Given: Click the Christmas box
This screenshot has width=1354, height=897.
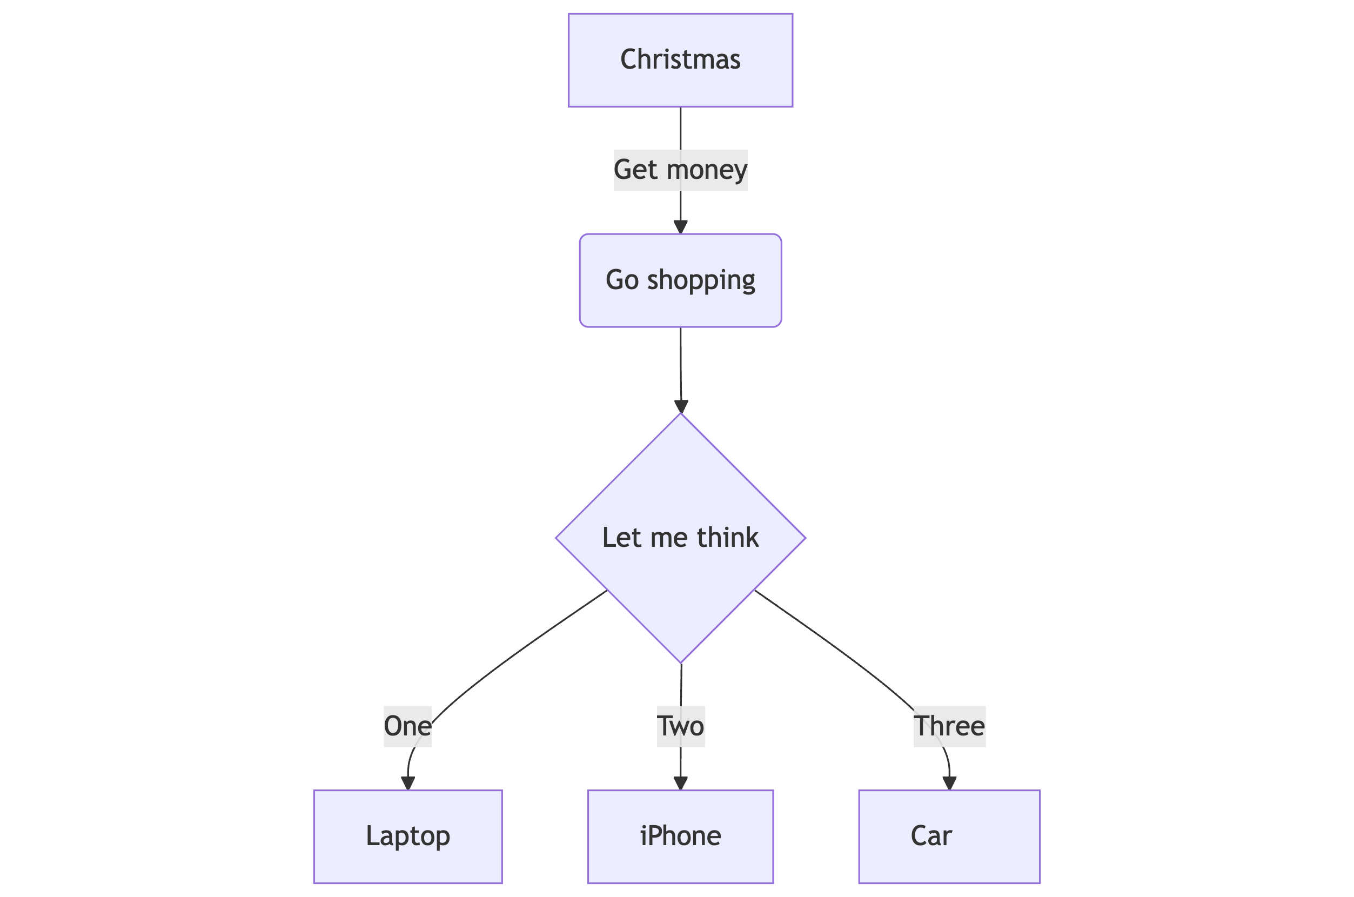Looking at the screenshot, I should pos(680,60).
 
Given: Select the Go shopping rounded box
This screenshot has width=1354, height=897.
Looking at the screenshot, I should pos(680,280).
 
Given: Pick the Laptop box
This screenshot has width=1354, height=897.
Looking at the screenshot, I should pos(408,836).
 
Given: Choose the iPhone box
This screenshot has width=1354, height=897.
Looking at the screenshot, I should pos(680,836).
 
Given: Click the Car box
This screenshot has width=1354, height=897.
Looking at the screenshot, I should pos(949,836).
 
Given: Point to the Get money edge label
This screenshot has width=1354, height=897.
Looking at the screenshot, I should pos(680,170).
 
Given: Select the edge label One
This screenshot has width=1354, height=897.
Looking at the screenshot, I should pos(407,726).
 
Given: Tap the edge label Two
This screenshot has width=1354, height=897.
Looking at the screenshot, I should pos(680,726).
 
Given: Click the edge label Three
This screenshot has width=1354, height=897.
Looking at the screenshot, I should pos(949,726).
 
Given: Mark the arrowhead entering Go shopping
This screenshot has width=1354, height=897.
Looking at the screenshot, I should pos(680,227).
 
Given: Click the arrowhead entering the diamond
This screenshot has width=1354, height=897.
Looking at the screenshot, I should pos(681,406).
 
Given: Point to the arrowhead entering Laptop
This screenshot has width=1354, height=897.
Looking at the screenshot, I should pos(408,783).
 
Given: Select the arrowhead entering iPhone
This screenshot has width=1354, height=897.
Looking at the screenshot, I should pos(680,783).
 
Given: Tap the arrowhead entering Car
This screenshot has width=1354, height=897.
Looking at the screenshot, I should pos(949,783).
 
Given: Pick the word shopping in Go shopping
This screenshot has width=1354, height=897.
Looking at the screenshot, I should pos(701,280).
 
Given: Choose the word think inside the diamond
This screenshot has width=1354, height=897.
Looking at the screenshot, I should pos(727,538).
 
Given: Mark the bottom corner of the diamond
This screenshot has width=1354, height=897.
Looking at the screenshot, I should pos(681,662).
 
